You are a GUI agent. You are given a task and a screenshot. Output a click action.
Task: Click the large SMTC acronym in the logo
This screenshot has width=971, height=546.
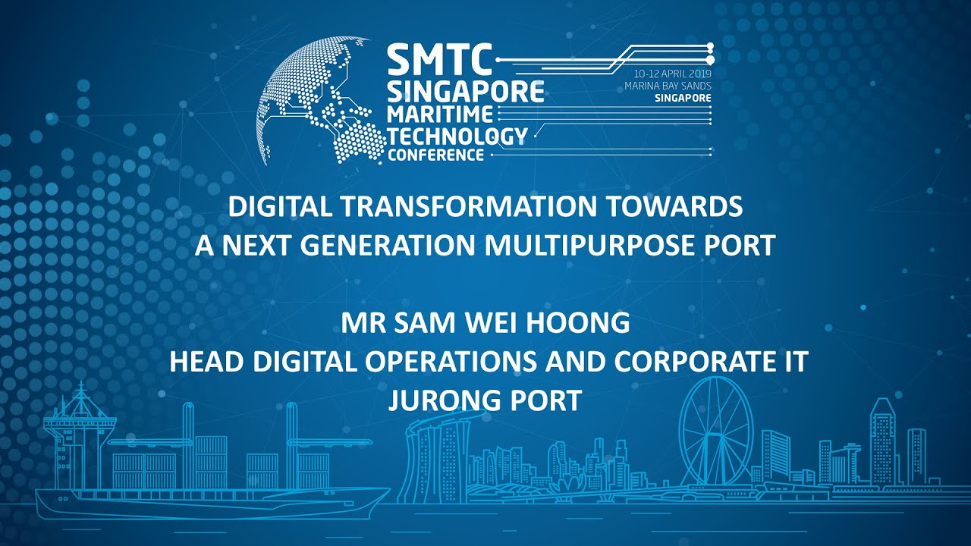pyautogui.click(x=440, y=59)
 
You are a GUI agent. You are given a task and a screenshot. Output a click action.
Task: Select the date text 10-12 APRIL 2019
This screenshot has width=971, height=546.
pyautogui.click(x=672, y=74)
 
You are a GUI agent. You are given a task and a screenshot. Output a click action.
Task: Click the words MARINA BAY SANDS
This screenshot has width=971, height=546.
pyautogui.click(x=668, y=86)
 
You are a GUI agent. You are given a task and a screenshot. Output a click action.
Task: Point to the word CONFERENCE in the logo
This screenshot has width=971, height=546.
pyautogui.click(x=435, y=155)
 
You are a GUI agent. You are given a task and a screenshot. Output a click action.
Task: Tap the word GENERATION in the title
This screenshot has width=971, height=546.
pyautogui.click(x=388, y=245)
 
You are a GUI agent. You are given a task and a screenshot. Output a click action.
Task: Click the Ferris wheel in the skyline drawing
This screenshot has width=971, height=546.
pyautogui.click(x=715, y=431)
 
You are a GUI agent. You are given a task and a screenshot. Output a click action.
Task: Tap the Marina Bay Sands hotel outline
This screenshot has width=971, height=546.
pyautogui.click(x=438, y=455)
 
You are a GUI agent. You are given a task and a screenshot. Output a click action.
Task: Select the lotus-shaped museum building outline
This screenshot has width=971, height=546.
pyautogui.click(x=564, y=486)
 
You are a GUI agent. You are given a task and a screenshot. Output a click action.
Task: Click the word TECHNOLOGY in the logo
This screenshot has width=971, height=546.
pyautogui.click(x=457, y=135)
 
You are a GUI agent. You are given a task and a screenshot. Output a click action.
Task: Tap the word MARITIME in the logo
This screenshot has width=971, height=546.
pyautogui.click(x=440, y=114)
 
